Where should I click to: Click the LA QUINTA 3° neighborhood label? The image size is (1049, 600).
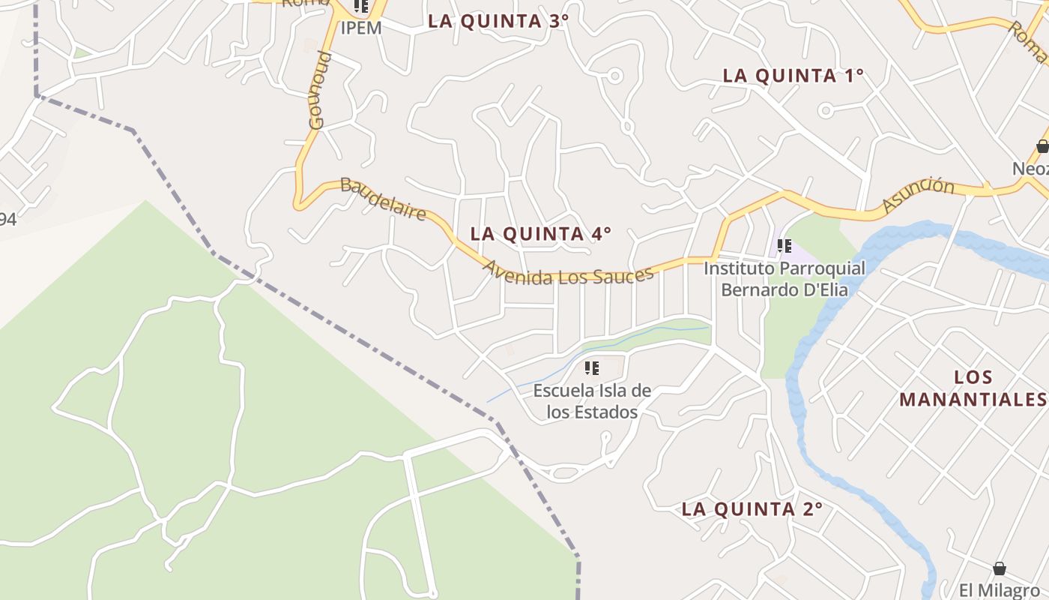[x=498, y=21]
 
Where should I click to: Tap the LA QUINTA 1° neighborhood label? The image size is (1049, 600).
[x=793, y=76]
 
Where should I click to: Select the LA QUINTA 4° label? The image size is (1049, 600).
[x=540, y=234]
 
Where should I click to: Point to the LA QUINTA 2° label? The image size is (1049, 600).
[x=752, y=509]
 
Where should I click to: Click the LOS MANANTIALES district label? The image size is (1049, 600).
[x=973, y=388]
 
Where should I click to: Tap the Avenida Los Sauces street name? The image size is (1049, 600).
[x=568, y=274]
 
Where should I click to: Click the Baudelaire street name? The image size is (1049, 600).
[x=384, y=199]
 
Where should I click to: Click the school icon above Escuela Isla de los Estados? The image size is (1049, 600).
[x=592, y=368]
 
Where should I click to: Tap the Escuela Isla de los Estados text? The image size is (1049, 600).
[x=592, y=401]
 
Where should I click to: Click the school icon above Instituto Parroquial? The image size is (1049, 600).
[x=785, y=245]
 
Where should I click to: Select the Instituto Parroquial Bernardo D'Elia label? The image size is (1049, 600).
[x=784, y=278]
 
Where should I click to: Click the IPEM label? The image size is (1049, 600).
[x=361, y=28]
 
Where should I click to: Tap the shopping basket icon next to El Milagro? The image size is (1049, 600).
[x=999, y=568]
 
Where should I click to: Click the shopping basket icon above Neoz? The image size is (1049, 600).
[x=1042, y=146]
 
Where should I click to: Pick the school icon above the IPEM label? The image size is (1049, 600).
[x=361, y=7]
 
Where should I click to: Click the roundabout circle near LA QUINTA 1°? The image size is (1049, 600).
[x=826, y=111]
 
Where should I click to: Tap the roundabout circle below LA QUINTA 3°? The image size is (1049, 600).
[x=615, y=76]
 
